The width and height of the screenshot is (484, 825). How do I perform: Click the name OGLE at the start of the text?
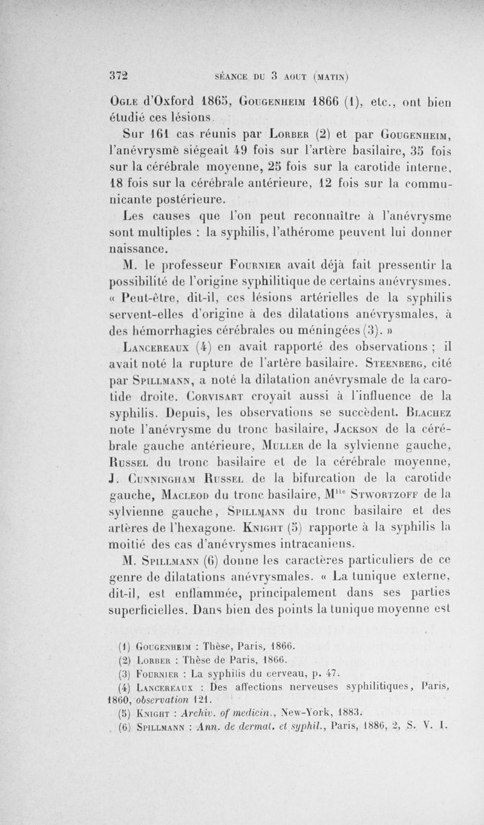126,100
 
